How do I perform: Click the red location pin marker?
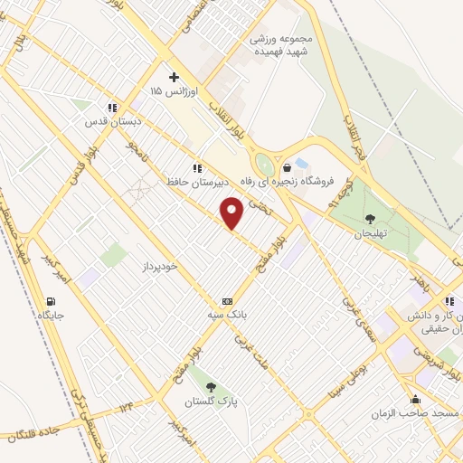click(232, 213)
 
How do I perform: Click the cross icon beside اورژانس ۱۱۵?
click(175, 76)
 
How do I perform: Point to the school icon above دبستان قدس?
click(111, 107)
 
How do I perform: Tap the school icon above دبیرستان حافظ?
click(196, 168)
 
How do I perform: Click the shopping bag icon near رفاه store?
click(287, 167)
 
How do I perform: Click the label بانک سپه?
click(227, 316)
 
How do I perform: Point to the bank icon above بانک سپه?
click(227, 301)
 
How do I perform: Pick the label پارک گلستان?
click(209, 401)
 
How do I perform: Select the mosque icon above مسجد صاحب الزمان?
click(415, 399)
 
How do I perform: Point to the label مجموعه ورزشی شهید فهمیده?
click(282, 45)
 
